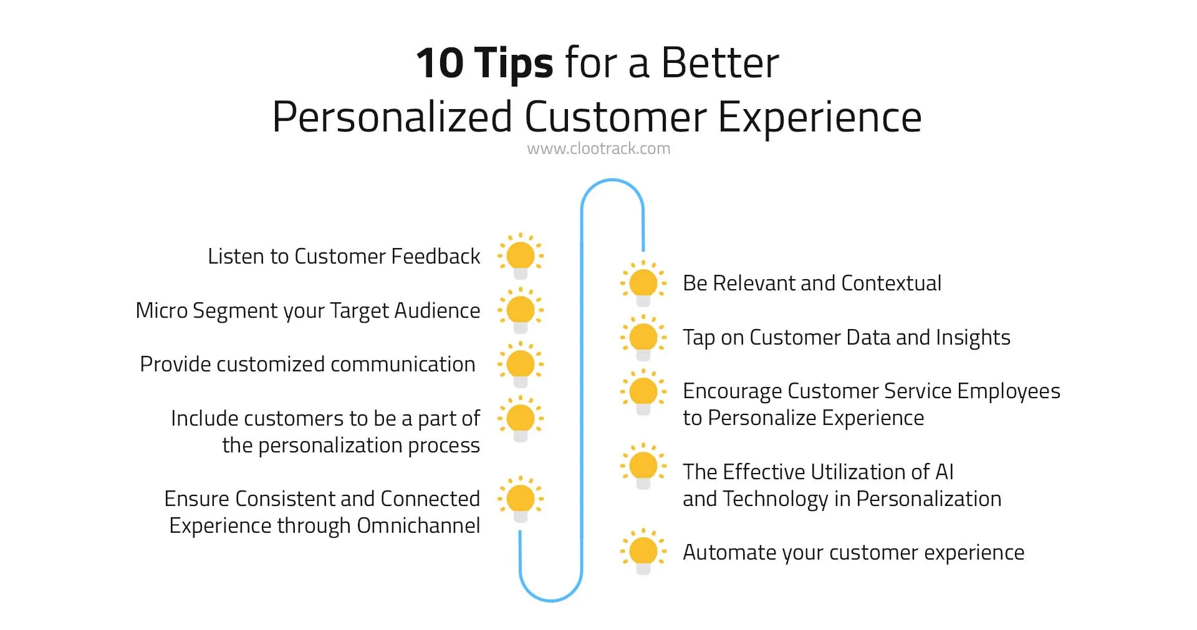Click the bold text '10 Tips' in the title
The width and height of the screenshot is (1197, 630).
pyautogui.click(x=484, y=64)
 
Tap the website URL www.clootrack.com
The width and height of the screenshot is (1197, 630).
pyautogui.click(x=598, y=149)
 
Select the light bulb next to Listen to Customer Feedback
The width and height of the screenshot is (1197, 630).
pyautogui.click(x=521, y=256)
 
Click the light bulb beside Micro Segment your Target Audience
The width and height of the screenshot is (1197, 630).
pyautogui.click(x=521, y=310)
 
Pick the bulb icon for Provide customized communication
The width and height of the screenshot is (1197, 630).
pyautogui.click(x=521, y=364)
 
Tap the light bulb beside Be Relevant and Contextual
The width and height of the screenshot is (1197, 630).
pyautogui.click(x=643, y=284)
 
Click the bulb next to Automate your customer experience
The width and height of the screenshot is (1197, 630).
pyautogui.click(x=643, y=552)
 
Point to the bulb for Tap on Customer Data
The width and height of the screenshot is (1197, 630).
pyautogui.click(x=643, y=338)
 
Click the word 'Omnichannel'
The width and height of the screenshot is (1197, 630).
pyautogui.click(x=418, y=526)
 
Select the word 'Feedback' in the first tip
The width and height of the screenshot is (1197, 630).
pyautogui.click(x=435, y=256)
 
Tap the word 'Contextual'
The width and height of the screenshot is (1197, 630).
pyautogui.click(x=891, y=284)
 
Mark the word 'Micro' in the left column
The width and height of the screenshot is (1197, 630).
pyautogui.click(x=161, y=310)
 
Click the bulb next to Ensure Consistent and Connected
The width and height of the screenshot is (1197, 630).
pyautogui.click(x=521, y=499)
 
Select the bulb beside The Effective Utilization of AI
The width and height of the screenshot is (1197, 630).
pyautogui.click(x=643, y=466)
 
